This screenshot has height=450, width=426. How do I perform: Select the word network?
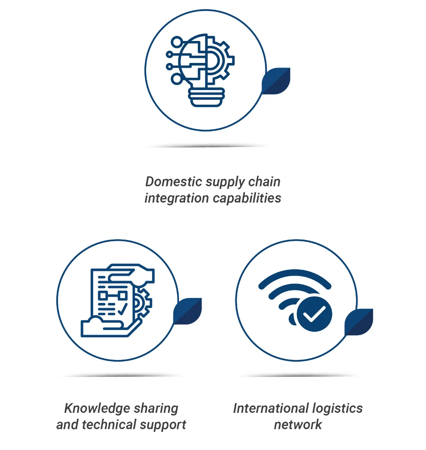[x=298, y=424]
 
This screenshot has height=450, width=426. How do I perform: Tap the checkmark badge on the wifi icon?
[x=314, y=314]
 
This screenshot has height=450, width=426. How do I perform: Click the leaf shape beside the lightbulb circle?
[x=276, y=81]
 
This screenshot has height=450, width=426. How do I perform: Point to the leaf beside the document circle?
[x=188, y=311]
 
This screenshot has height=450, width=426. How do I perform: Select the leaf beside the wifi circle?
[x=359, y=322]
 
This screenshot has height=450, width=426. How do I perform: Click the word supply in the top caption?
[x=226, y=183]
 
